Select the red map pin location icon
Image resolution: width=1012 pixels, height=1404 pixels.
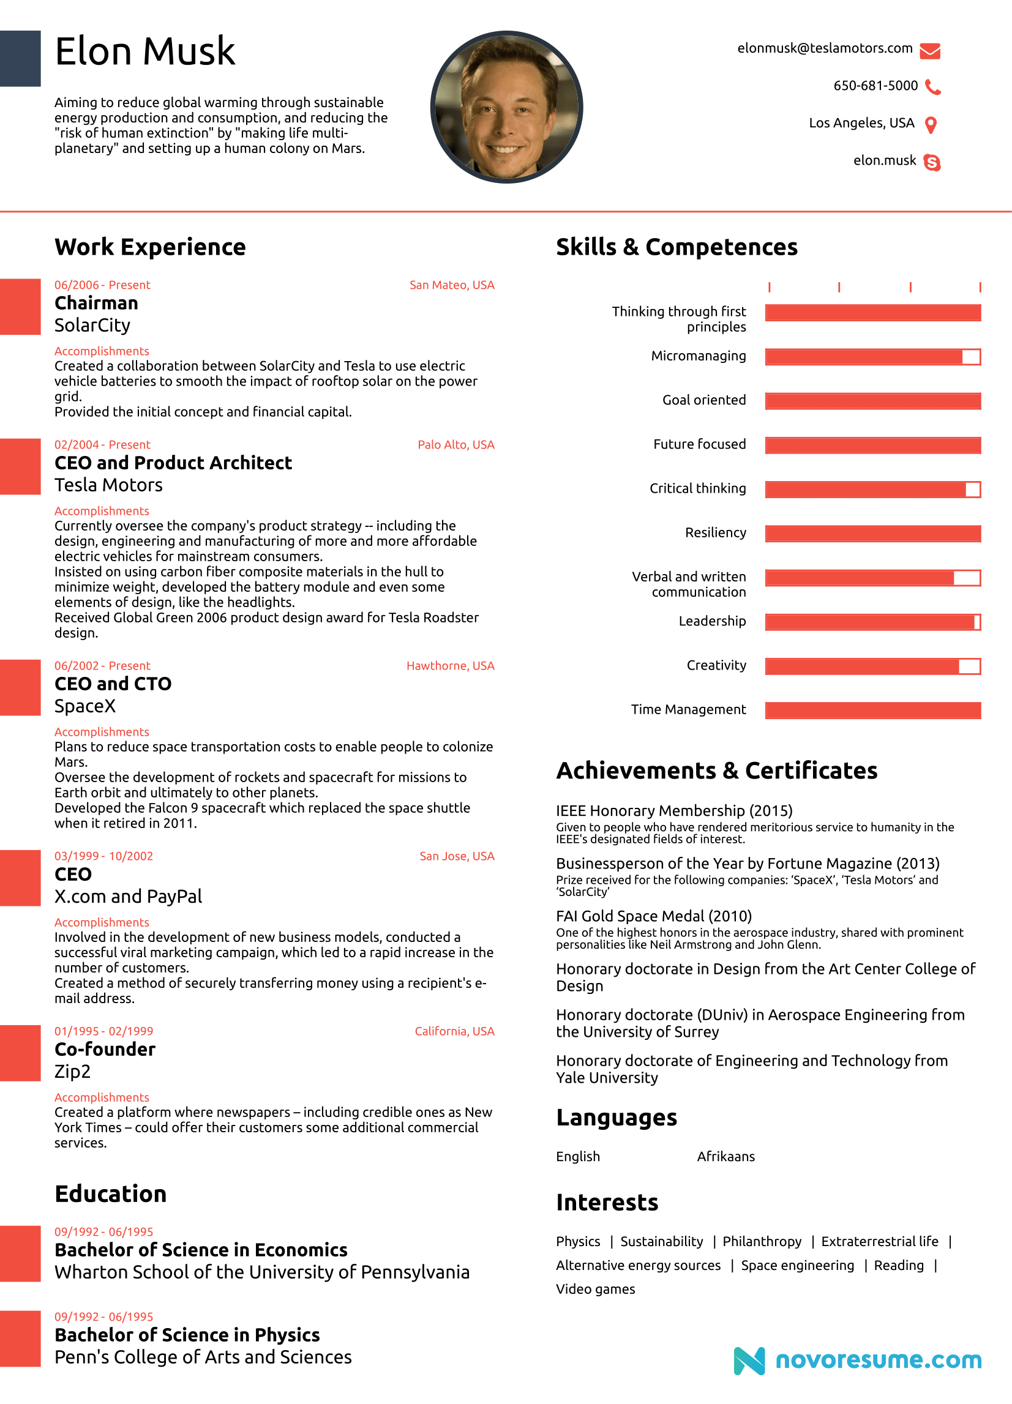(x=930, y=125)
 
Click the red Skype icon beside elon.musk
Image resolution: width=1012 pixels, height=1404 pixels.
(x=931, y=162)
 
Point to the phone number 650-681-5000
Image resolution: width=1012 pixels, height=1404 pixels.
(x=875, y=86)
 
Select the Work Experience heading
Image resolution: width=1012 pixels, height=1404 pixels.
(x=150, y=247)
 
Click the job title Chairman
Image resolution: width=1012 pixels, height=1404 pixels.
(x=96, y=303)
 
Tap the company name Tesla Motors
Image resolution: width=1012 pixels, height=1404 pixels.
(x=108, y=485)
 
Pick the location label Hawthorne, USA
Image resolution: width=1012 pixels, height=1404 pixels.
(x=449, y=665)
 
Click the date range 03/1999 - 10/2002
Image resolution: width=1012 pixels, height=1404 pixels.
(x=103, y=856)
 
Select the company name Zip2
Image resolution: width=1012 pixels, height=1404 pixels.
(x=72, y=1071)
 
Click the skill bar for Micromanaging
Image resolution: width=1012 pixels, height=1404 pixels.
(x=872, y=357)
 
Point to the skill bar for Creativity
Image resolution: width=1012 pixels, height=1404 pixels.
(x=872, y=666)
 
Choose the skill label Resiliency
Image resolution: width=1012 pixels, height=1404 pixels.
(x=714, y=532)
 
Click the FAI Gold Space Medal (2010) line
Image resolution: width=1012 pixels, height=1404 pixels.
(x=653, y=916)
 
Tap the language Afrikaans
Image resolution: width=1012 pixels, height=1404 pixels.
(x=725, y=1156)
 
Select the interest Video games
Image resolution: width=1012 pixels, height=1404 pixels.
(x=595, y=1289)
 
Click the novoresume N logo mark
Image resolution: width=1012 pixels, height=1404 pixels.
(x=749, y=1361)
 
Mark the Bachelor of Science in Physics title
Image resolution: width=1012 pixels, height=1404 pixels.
(x=187, y=1335)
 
